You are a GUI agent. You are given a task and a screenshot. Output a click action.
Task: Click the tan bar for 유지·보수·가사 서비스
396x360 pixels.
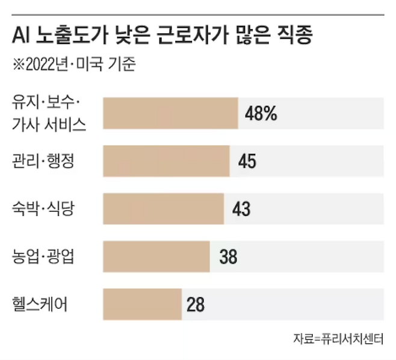pyautogui.click(x=170, y=113)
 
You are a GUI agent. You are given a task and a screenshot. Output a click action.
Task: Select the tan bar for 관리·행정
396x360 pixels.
pyautogui.click(x=166, y=161)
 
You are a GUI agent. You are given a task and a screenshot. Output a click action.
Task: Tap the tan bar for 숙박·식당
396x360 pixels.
pyautogui.click(x=163, y=209)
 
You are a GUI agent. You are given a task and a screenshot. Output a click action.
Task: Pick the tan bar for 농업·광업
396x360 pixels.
pyautogui.click(x=156, y=257)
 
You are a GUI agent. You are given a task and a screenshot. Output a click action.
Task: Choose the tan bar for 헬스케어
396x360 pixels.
pyautogui.click(x=143, y=304)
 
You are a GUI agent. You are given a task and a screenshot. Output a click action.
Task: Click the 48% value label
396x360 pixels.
pyautogui.click(x=261, y=113)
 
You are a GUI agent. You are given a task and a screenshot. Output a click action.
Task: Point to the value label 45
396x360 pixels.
pyautogui.click(x=247, y=161)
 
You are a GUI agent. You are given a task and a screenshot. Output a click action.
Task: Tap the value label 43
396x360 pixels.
pyautogui.click(x=241, y=209)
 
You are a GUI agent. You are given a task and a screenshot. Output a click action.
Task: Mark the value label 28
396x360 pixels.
pyautogui.click(x=196, y=305)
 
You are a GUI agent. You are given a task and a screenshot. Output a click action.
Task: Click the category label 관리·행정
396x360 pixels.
pyautogui.click(x=43, y=161)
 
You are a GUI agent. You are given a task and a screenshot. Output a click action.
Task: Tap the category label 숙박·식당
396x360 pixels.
pyautogui.click(x=43, y=209)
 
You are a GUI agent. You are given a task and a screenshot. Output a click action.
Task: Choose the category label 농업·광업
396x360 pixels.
pyautogui.click(x=43, y=257)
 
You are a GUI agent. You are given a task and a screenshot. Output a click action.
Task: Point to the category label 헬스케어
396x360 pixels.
pyautogui.click(x=40, y=304)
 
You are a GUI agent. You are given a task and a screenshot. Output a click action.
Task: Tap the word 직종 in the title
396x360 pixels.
pyautogui.click(x=300, y=37)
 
